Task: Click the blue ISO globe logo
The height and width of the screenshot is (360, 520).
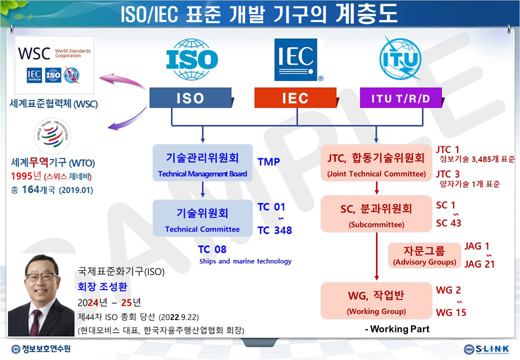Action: click(x=192, y=60)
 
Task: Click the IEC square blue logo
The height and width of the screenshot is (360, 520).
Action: click(x=296, y=59)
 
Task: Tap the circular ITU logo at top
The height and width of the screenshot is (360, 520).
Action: click(x=400, y=59)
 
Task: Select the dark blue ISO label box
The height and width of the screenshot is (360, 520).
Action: click(x=191, y=98)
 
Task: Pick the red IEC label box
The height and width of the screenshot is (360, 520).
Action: click(x=295, y=98)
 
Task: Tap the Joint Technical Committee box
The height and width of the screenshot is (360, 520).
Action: click(x=376, y=164)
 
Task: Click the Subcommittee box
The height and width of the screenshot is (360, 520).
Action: click(x=376, y=215)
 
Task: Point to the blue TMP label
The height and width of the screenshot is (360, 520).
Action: click(x=269, y=162)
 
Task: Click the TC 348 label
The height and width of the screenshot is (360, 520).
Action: click(x=274, y=231)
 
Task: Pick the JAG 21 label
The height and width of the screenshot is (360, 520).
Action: click(x=480, y=264)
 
